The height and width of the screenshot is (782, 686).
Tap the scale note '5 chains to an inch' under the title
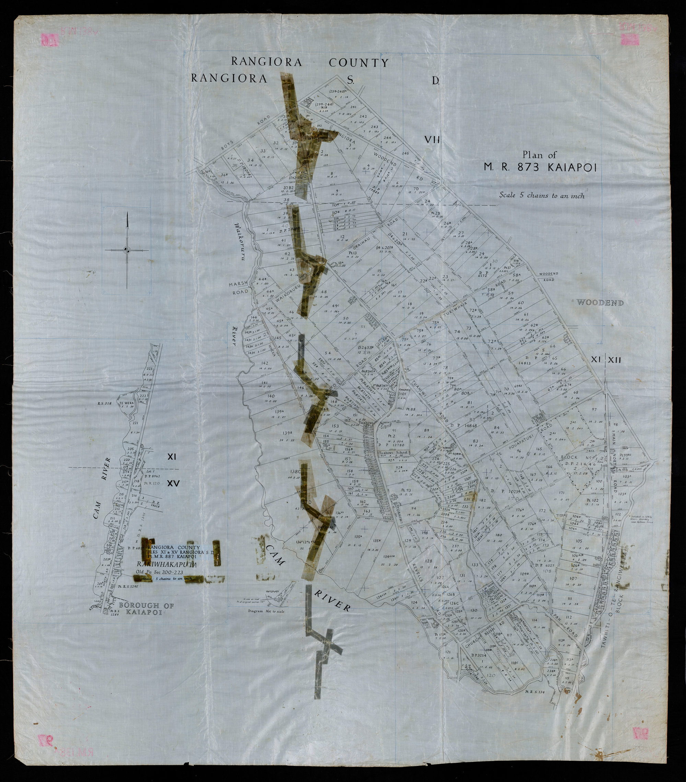point(541,195)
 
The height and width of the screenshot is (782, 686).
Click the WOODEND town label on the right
point(600,303)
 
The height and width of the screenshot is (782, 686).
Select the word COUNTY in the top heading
point(359,63)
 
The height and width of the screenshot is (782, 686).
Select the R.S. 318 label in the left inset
point(104,403)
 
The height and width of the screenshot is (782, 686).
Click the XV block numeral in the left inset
point(173,483)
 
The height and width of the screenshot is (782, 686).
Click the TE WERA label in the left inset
point(126,403)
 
